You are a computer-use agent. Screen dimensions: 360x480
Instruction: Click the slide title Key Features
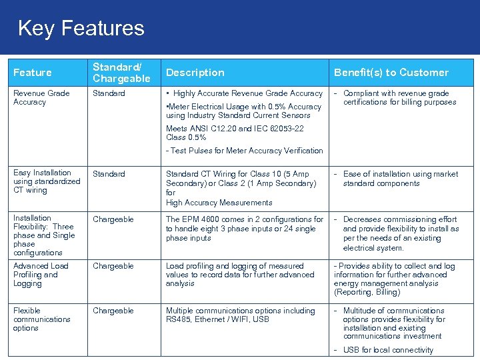81,28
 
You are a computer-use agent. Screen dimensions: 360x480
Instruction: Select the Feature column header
32,73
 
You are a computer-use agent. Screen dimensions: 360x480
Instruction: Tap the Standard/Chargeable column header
121,73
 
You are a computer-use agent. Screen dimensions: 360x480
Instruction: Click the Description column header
195,73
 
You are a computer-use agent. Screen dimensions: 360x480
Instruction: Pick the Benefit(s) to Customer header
391,73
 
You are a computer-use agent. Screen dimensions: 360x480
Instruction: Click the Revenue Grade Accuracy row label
41,97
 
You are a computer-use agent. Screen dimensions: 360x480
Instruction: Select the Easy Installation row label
46,181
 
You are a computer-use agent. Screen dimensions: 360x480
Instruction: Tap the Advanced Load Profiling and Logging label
40,275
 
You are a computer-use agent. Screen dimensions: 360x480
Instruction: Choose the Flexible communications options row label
41,319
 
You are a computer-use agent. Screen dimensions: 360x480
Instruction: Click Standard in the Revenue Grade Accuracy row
109,93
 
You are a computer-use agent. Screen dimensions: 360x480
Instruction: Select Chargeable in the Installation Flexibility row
113,219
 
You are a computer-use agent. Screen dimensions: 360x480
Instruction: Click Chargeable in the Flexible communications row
113,311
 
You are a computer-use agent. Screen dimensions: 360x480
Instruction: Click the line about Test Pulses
244,151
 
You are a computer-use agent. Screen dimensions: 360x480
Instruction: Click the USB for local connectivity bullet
387,350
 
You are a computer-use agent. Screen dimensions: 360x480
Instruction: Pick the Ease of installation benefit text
400,178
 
